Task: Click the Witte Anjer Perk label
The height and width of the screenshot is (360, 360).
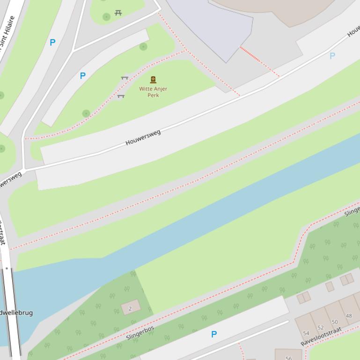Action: point(153,92)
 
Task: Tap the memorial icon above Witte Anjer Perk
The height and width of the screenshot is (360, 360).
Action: point(153,80)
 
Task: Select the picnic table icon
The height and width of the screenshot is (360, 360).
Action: point(118,13)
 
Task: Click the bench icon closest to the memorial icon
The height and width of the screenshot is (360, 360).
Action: point(125,79)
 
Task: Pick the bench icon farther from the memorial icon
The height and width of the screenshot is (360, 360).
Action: point(121,96)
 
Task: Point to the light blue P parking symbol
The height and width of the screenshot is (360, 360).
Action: point(332,56)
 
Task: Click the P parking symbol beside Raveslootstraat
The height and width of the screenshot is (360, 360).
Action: point(214,334)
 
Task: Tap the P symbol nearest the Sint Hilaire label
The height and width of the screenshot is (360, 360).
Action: point(52,43)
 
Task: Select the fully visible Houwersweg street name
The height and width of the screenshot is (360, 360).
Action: point(143,137)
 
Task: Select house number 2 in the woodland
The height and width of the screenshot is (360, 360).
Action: point(130,309)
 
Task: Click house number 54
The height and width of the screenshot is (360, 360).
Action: point(306,333)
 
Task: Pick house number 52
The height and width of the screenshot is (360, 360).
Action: point(320,328)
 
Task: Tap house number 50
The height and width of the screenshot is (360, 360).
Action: point(334,322)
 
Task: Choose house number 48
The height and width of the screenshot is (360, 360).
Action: point(348,316)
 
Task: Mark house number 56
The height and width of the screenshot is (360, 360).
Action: point(288,358)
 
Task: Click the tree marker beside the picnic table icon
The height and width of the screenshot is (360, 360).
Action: point(106,17)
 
